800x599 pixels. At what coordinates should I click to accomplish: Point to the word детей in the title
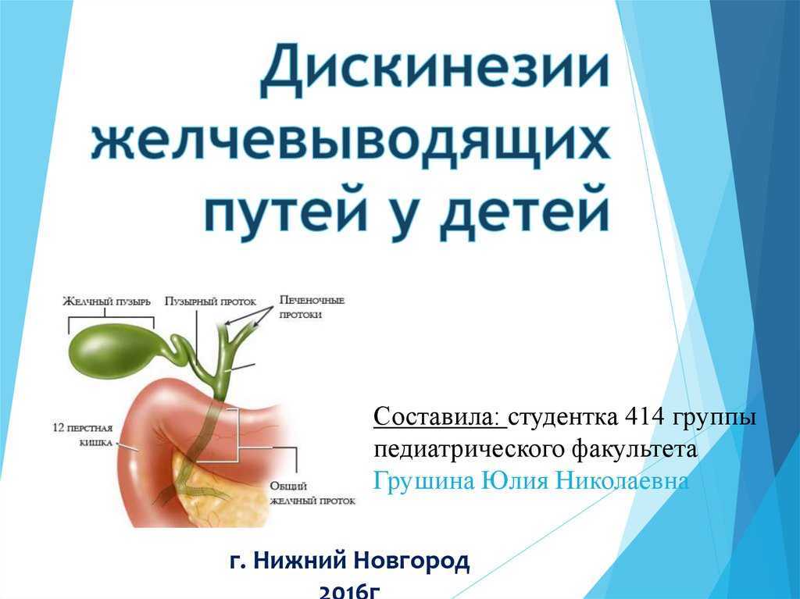pyautogui.click(x=525, y=210)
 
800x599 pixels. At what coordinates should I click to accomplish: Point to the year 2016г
pyautogui.click(x=350, y=591)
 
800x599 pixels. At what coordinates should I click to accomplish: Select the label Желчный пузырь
pyautogui.click(x=106, y=301)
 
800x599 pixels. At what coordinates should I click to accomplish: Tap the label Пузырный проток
pyautogui.click(x=210, y=301)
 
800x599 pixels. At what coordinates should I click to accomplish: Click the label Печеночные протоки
pyautogui.click(x=312, y=307)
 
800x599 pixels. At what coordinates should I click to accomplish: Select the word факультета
pyautogui.click(x=634, y=451)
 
